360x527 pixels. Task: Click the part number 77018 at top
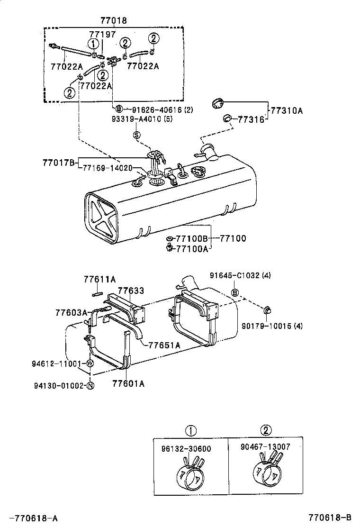114,20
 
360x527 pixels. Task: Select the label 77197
102,34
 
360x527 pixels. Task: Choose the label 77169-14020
108,168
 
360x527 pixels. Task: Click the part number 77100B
192,238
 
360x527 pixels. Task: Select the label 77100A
192,248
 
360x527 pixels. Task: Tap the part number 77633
131,291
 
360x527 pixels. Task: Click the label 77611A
100,280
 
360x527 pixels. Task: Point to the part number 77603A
72,312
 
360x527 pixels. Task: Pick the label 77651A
164,345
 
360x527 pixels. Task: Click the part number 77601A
128,384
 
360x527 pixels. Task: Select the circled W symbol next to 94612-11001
91,364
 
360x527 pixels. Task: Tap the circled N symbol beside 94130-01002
91,386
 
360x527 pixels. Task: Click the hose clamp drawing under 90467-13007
267,469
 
